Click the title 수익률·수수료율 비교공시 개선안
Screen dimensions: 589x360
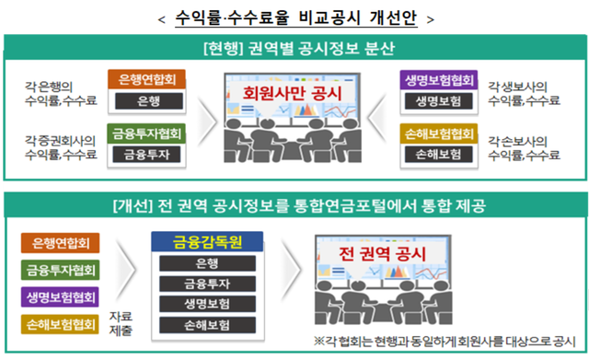point(294,17)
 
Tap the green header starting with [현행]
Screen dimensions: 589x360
point(294,47)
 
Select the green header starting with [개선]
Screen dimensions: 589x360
point(294,205)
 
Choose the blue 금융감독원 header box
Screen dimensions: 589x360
point(207,243)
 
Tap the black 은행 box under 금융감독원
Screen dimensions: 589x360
point(207,264)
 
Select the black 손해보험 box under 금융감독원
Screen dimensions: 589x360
point(207,325)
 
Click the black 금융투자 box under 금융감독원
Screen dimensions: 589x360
point(207,285)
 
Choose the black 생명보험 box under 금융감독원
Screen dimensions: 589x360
point(207,305)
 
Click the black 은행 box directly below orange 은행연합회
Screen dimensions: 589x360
point(147,101)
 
